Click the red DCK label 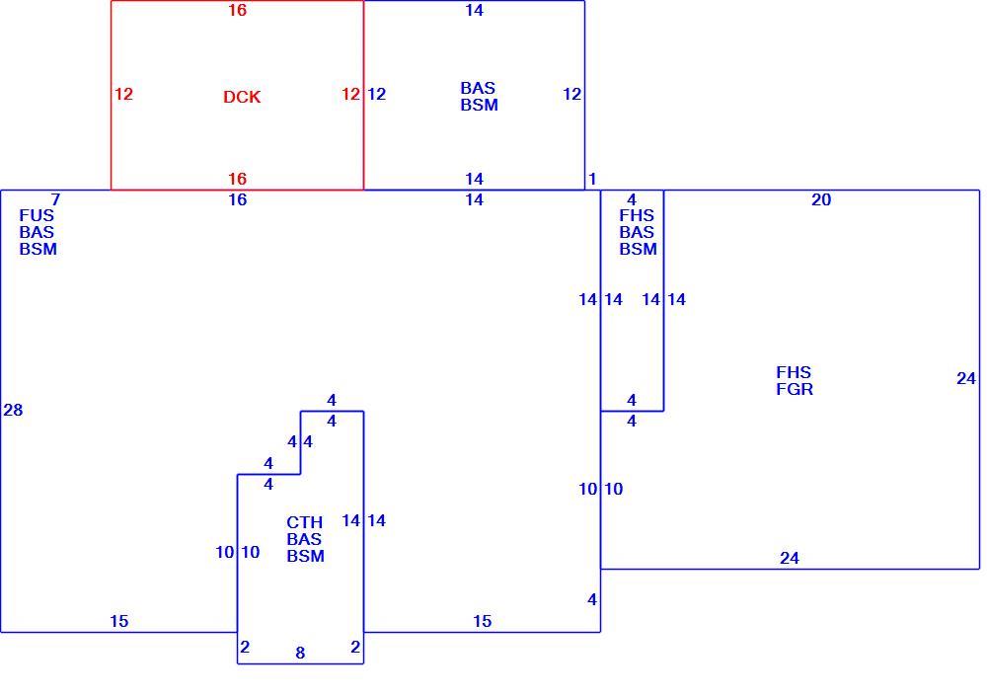point(242,97)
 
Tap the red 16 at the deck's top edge point(237,10)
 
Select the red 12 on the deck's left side point(124,94)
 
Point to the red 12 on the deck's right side point(350,94)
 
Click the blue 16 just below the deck point(237,199)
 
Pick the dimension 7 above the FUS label point(55,199)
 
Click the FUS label point(37,215)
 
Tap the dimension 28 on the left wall point(13,410)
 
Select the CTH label point(305,522)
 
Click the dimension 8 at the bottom point(300,653)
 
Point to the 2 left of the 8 point(245,647)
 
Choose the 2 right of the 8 point(355,647)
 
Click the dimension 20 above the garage point(821,199)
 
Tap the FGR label point(795,389)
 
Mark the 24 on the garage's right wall point(966,378)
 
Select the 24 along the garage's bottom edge point(790,558)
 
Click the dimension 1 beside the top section point(591,179)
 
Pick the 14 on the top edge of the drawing point(474,10)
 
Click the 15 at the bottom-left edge point(119,621)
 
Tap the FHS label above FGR point(794,372)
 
